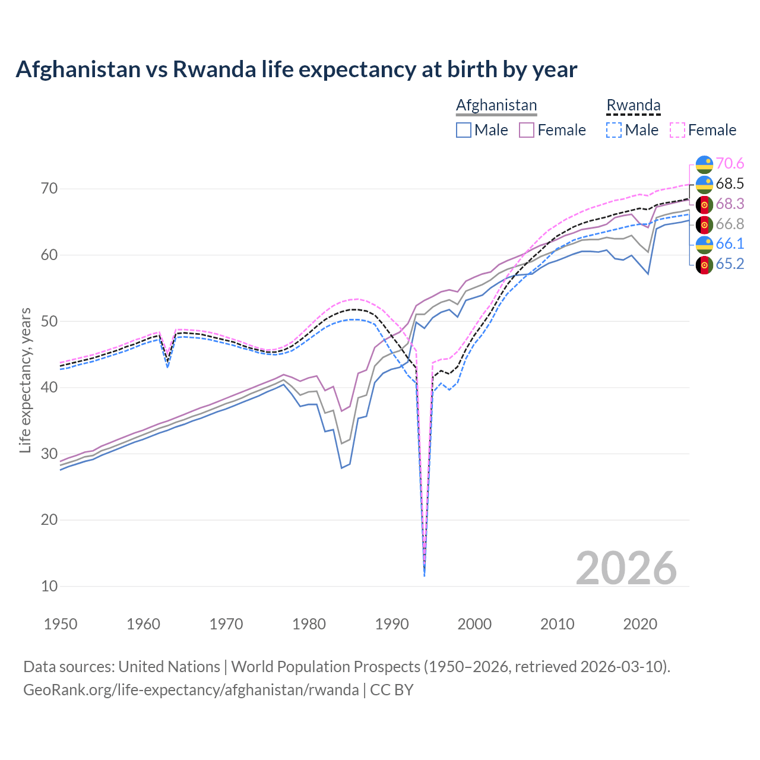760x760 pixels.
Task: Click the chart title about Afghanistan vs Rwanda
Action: tap(296, 69)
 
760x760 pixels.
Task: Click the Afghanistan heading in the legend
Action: tap(496, 105)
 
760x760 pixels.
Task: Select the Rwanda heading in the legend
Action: tap(633, 105)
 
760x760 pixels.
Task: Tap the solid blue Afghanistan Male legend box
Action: tap(464, 130)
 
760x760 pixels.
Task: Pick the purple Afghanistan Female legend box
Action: tap(527, 130)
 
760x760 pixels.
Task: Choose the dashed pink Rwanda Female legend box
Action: tap(677, 130)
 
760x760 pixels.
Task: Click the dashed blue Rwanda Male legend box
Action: tap(614, 130)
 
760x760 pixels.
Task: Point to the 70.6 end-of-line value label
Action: tap(730, 163)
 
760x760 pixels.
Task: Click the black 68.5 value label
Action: tap(730, 183)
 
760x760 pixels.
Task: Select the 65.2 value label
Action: tap(730, 264)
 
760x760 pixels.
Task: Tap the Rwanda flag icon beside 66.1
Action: tap(704, 244)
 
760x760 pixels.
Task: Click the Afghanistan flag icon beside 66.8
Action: tap(704, 224)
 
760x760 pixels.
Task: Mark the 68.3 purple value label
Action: tap(730, 204)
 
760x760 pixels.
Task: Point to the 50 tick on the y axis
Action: tap(49, 321)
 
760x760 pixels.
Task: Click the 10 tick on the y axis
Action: tap(49, 586)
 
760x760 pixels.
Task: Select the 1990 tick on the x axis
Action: tap(392, 624)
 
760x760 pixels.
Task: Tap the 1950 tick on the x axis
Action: tap(61, 624)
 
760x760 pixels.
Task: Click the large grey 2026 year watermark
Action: tap(626, 568)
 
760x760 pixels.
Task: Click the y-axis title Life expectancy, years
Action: tap(26, 380)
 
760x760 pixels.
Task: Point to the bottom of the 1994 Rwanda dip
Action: tap(424, 575)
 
